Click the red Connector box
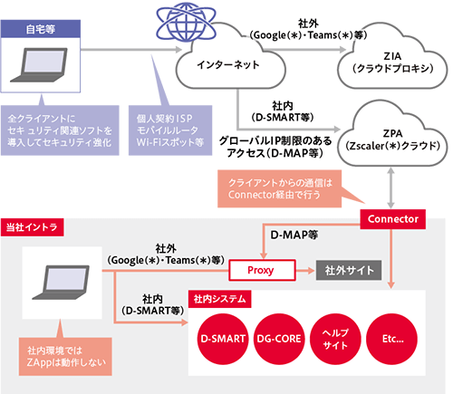click(393, 219)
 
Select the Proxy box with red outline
click(262, 270)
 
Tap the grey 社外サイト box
click(349, 270)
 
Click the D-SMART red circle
click(223, 339)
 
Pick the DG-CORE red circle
click(279, 339)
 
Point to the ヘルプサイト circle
click(335, 339)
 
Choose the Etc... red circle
click(392, 339)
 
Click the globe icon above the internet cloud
click(187, 22)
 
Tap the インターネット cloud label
click(228, 64)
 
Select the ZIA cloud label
click(392, 62)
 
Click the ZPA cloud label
click(392, 139)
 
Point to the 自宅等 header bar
click(41, 29)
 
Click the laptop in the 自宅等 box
click(39, 65)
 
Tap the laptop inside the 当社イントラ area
click(62, 283)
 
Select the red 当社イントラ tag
click(32, 227)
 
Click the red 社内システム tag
click(219, 299)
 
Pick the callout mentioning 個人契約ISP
click(170, 130)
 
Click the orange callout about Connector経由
click(280, 188)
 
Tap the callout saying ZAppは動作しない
click(65, 357)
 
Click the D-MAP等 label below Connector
click(294, 235)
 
